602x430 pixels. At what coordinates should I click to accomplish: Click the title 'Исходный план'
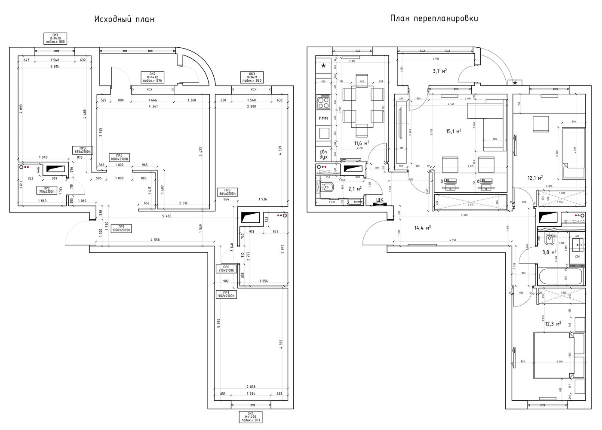tap(124, 19)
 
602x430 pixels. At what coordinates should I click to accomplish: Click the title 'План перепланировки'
tap(434, 18)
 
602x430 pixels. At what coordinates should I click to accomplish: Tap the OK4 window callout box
tap(251, 417)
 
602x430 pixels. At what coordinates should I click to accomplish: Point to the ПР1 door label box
tap(122, 228)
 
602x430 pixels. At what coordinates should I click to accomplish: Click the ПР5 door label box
tap(227, 192)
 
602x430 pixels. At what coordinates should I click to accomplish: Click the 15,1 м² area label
tap(454, 132)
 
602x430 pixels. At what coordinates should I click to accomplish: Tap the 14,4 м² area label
tap(422, 228)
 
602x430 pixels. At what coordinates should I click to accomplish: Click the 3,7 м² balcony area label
tap(439, 71)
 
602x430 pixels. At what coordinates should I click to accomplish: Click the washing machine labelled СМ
tap(577, 257)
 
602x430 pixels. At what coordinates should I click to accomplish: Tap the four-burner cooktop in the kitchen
tap(323, 102)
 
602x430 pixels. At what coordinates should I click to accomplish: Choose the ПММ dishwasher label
tap(323, 118)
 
